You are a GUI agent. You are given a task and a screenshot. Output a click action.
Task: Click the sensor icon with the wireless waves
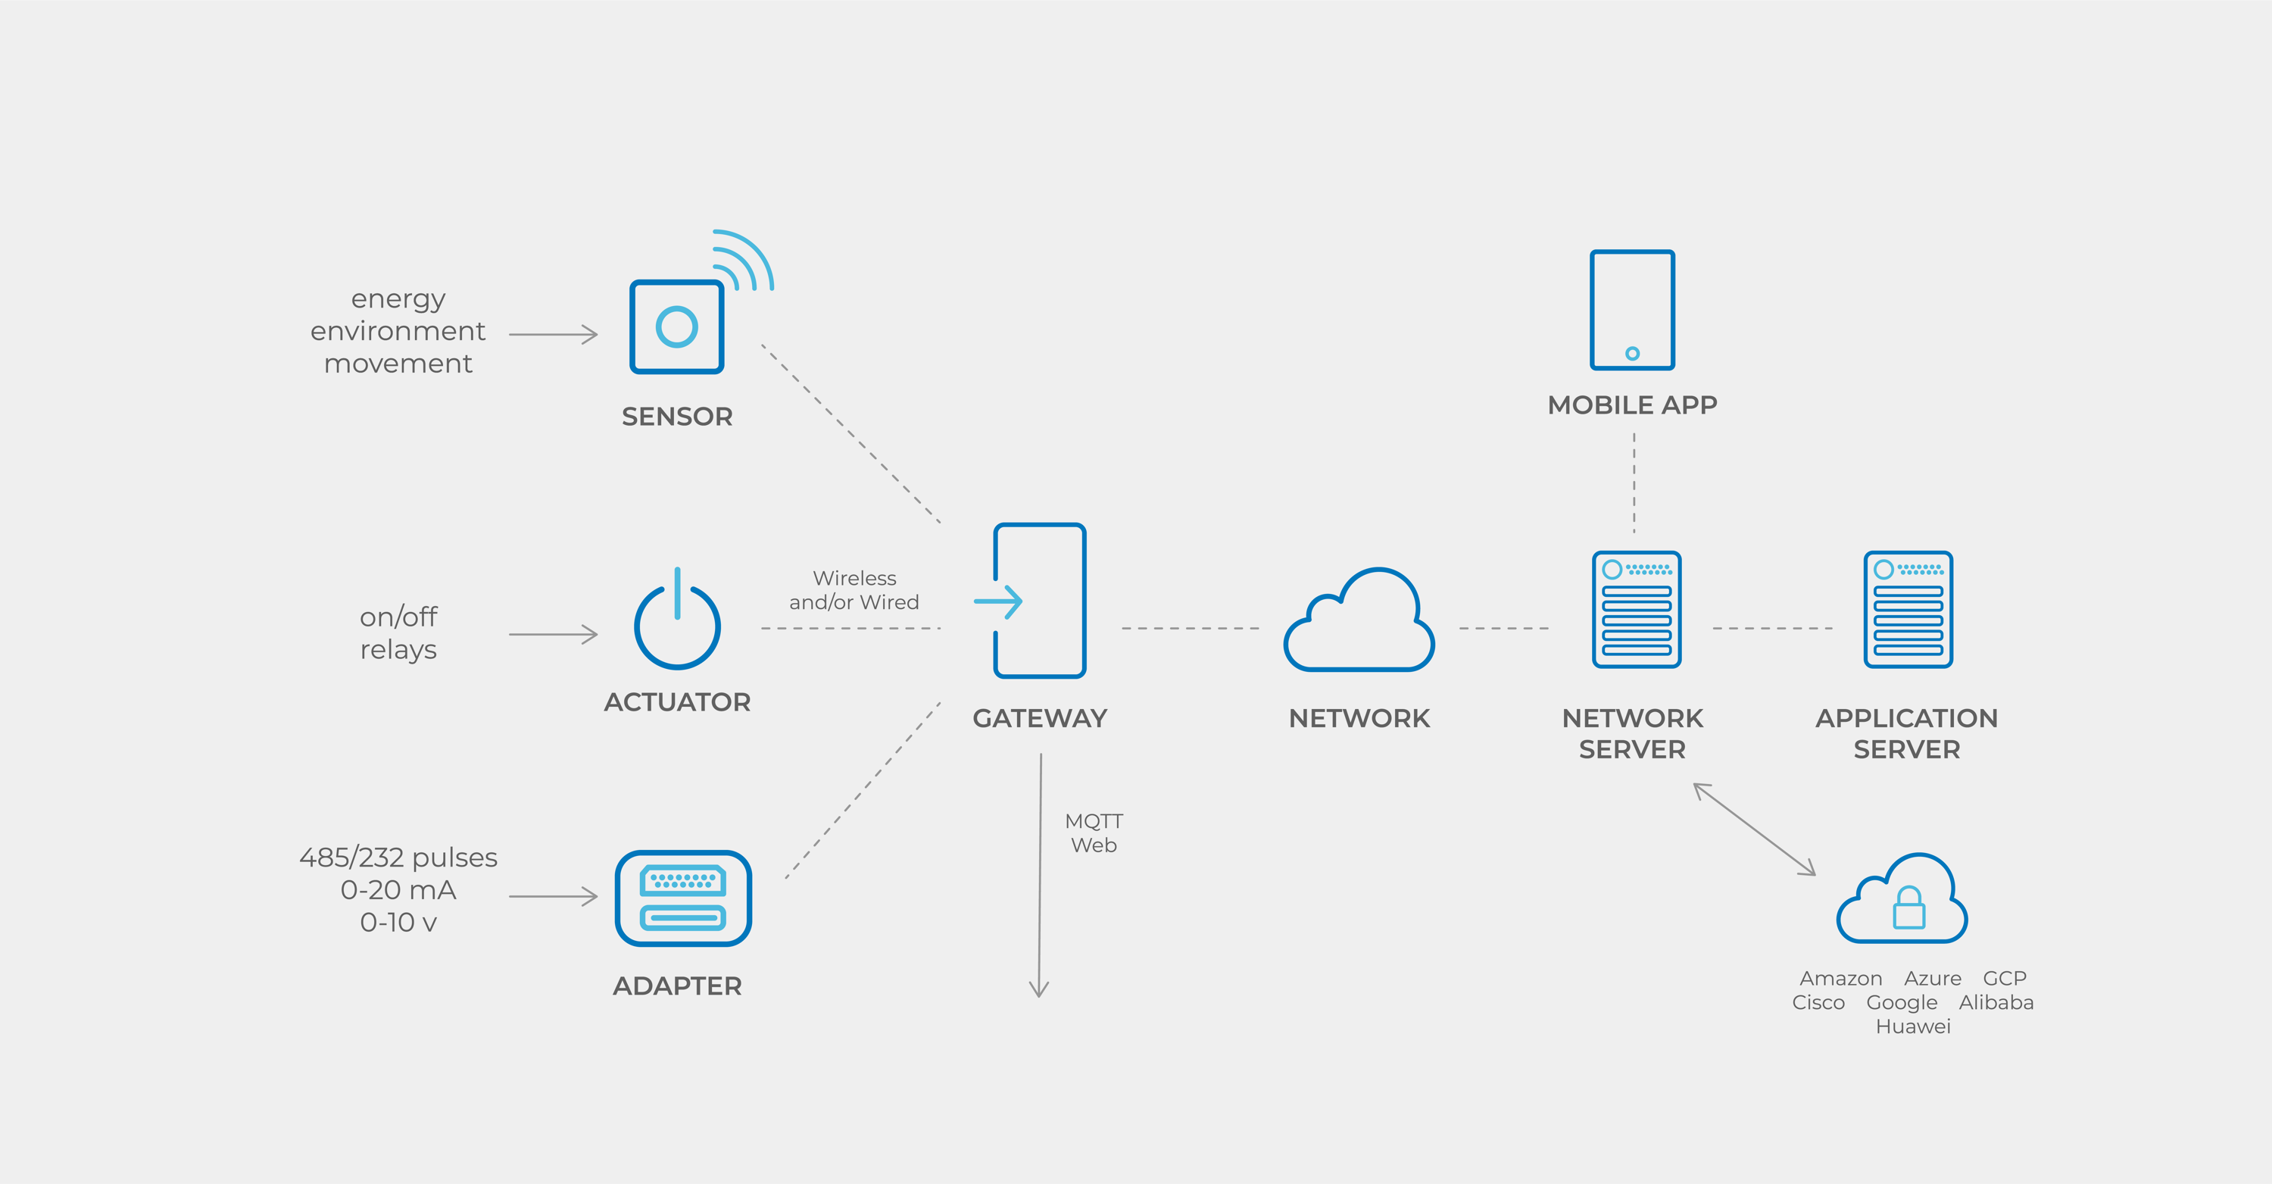[x=676, y=326]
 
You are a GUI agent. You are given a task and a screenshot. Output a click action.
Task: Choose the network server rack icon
[x=1636, y=609]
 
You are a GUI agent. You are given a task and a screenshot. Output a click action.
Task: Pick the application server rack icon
[x=1908, y=609]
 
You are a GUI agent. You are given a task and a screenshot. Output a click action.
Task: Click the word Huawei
[x=1913, y=1026]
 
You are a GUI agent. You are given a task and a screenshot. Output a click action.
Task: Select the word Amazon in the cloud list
[x=1841, y=979]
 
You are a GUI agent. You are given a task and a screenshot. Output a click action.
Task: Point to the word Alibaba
[x=1996, y=1002]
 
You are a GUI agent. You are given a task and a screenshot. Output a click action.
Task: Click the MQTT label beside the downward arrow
[x=1094, y=821]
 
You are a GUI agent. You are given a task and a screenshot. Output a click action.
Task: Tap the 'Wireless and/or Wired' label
[x=854, y=590]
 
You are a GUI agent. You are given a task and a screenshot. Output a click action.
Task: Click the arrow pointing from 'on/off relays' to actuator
[x=553, y=634]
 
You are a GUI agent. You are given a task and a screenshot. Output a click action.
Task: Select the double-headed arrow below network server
[x=1754, y=829]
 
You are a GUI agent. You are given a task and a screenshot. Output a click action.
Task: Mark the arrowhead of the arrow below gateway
[x=1039, y=995]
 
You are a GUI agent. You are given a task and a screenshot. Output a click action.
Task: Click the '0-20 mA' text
[x=398, y=889]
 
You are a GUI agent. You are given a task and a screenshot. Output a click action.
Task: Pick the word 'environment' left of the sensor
[x=398, y=331]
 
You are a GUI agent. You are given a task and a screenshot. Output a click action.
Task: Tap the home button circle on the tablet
[x=1633, y=354]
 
